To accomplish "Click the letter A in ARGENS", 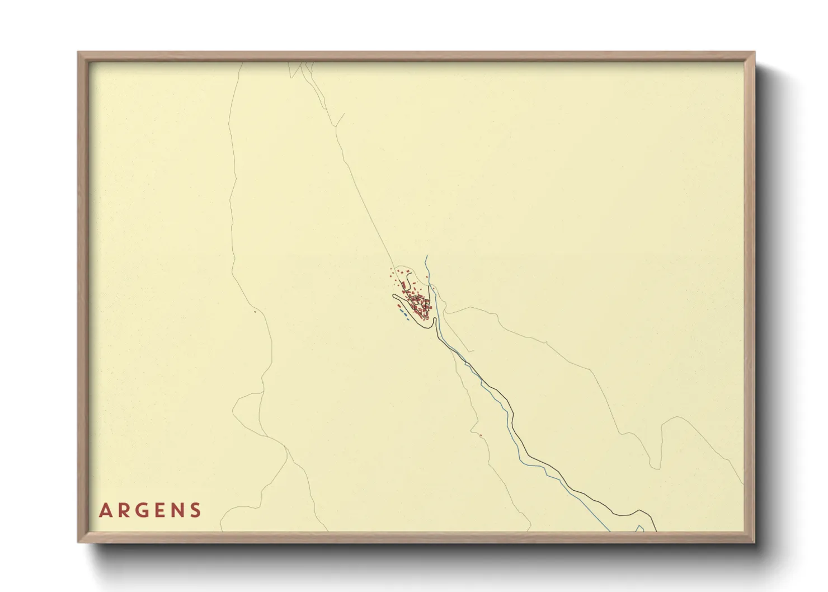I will (105, 510).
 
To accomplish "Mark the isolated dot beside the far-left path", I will (255, 312).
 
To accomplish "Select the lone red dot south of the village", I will (480, 435).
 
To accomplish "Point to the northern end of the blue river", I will (426, 256).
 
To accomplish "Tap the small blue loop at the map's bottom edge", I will (640, 528).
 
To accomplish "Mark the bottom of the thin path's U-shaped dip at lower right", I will (653, 468).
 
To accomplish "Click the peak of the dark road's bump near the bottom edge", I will (638, 511).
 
